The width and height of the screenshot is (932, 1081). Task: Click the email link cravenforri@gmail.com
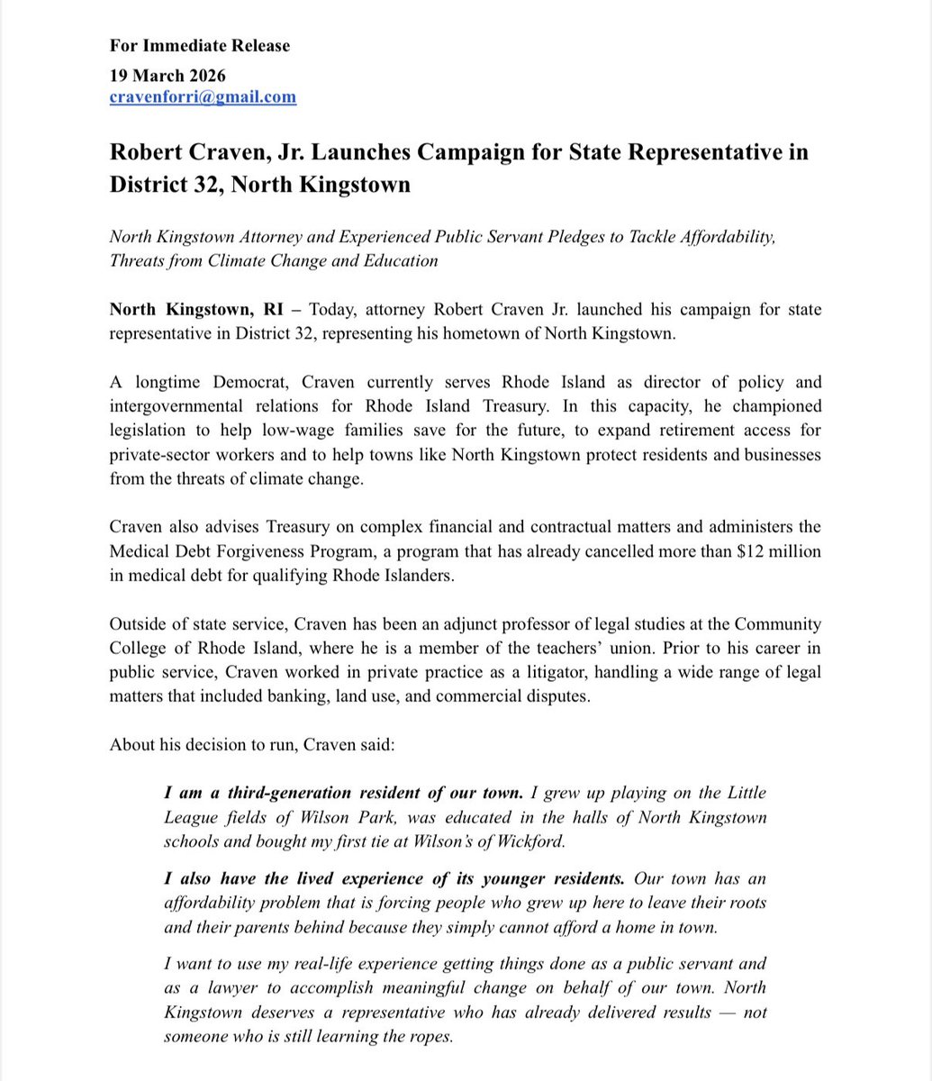pyautogui.click(x=203, y=97)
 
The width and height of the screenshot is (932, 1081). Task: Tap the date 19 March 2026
pyautogui.click(x=167, y=76)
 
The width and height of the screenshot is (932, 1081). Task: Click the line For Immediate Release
pyautogui.click(x=199, y=45)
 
